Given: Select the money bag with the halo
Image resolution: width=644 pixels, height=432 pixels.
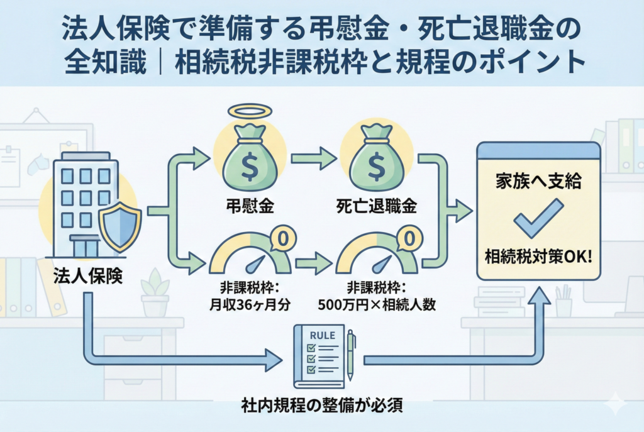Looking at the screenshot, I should tap(249, 160).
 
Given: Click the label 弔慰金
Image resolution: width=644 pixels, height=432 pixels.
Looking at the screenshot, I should tap(250, 206).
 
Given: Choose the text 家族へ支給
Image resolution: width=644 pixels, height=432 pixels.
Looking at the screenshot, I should tap(538, 183).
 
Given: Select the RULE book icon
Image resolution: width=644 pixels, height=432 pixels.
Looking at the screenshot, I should tap(319, 356).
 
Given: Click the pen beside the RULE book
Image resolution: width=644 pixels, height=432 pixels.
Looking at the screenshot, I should tap(351, 356).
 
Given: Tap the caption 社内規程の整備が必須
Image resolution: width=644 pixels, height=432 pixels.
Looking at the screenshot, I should tap(322, 406).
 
